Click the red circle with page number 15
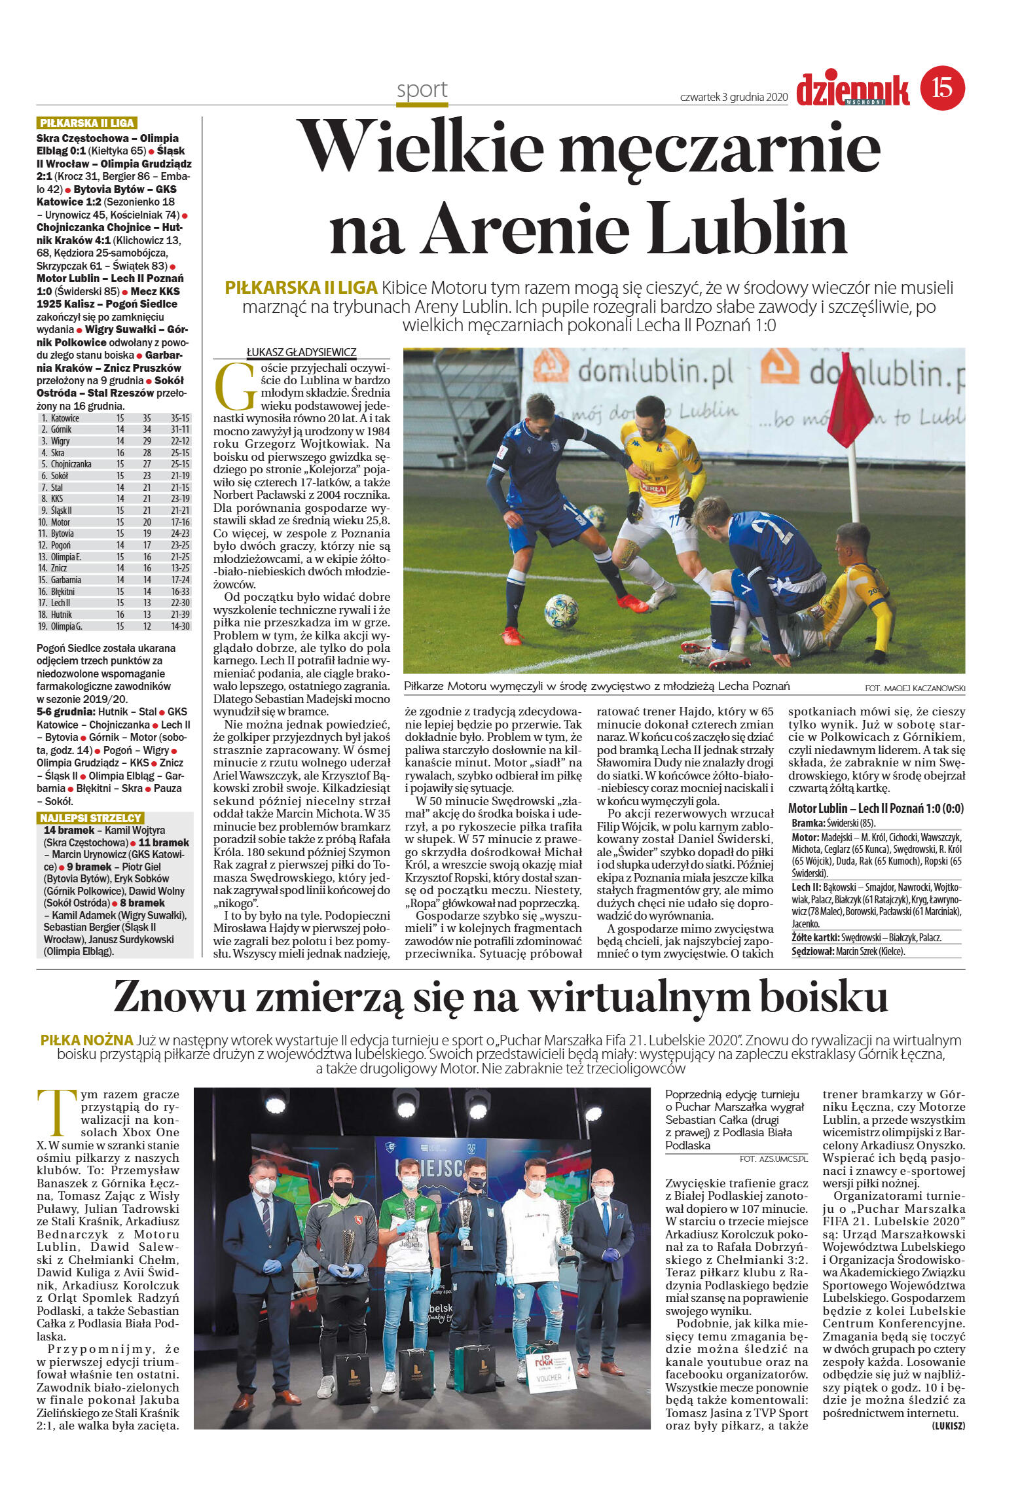[942, 88]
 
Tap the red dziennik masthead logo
[852, 90]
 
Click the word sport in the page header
[422, 90]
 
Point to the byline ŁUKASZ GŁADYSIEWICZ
[301, 352]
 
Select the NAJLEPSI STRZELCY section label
[90, 818]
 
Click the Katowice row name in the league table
[65, 418]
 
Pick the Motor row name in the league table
[60, 522]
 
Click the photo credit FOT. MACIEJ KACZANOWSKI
[915, 688]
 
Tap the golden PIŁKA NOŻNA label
[86, 1040]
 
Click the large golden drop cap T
[57, 1113]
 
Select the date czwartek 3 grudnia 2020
[733, 97]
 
